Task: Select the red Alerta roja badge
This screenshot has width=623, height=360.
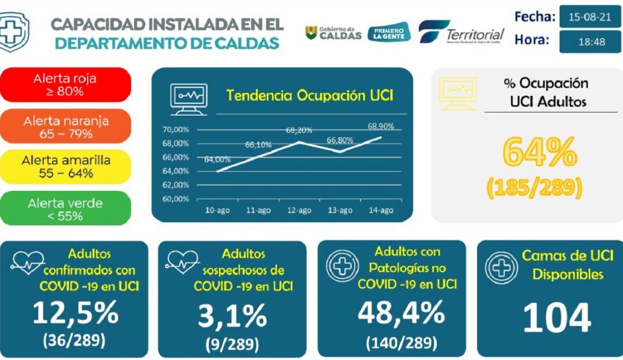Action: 66,84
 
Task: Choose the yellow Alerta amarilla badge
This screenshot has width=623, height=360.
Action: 66,167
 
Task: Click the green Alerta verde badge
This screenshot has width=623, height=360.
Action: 66,209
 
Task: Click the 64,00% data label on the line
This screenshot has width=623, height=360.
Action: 217,160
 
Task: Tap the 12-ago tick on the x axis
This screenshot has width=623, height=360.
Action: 299,211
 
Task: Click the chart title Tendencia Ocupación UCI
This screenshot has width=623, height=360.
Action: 309,95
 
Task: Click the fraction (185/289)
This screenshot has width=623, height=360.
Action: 534,187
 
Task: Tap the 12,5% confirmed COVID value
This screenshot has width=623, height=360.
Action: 75,313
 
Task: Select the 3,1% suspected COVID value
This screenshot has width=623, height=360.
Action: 232,316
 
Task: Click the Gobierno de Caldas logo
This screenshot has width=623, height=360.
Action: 333,33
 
